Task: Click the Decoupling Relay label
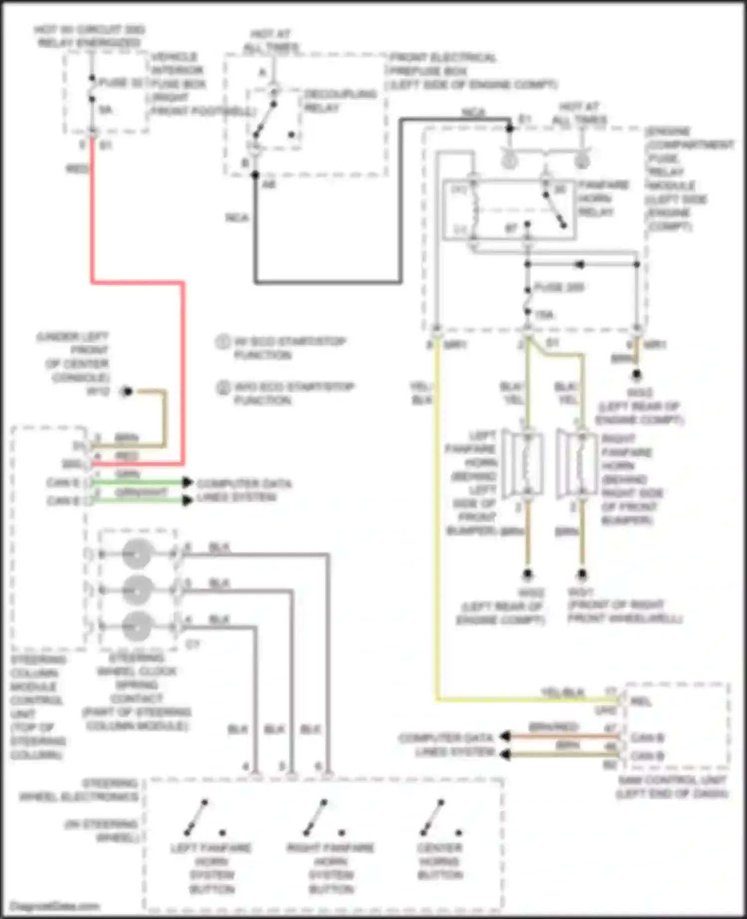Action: pos(340,101)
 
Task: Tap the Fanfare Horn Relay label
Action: pos(603,199)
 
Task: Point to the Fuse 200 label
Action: pos(559,288)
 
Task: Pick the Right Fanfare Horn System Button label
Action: pos(331,868)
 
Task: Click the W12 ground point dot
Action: pos(127,392)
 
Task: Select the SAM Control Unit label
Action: pos(672,787)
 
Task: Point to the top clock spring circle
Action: pos(137,554)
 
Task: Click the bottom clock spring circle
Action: pos(137,626)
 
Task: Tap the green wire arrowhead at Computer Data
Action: pos(187,482)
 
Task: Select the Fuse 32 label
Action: pos(121,83)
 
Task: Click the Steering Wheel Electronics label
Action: pos(80,791)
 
